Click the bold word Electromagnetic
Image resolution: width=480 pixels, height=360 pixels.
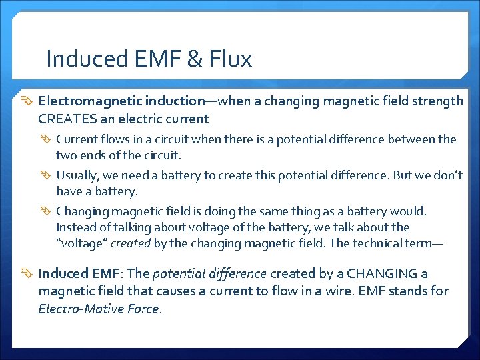click(x=81, y=101)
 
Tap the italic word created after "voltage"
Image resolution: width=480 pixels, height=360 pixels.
click(x=131, y=243)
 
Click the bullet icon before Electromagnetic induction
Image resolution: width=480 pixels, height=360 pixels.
click(x=27, y=101)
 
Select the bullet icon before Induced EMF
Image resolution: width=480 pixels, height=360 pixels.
click(x=27, y=274)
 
